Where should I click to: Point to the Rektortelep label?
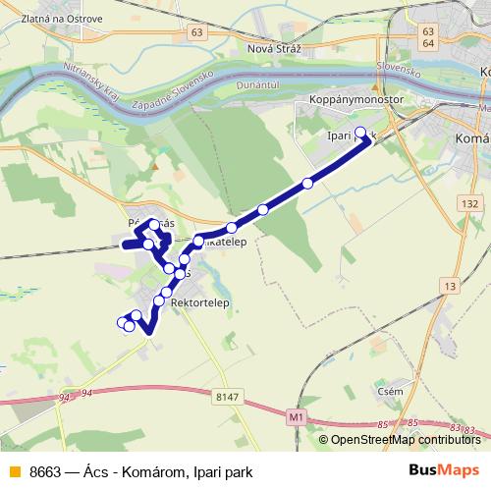point(199,303)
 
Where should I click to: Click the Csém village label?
point(391,391)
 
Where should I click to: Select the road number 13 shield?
point(450,286)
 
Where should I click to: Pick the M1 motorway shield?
point(297,416)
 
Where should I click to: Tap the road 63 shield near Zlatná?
point(199,32)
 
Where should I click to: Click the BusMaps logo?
point(444,471)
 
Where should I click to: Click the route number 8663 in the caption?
point(45,472)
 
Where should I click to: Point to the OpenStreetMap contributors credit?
point(405,440)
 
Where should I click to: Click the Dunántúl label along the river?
point(258,85)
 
